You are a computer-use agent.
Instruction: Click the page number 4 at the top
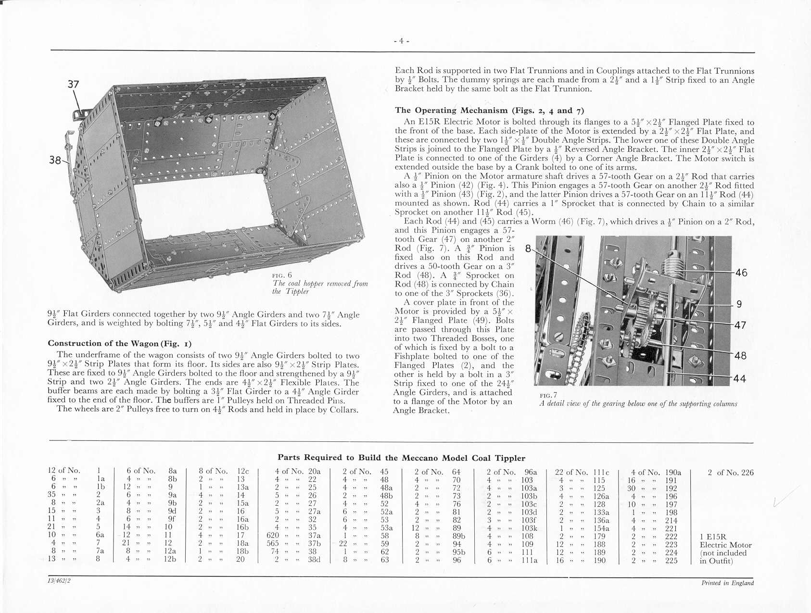tap(401, 41)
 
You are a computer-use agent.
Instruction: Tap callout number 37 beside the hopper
tap(73, 84)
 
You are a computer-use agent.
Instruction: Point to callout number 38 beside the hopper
tap(55, 160)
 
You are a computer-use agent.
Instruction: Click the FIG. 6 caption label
tap(282, 275)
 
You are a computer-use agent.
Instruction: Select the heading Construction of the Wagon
tap(119, 343)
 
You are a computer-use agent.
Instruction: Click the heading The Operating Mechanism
tap(489, 111)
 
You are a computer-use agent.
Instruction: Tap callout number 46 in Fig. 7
tap(741, 273)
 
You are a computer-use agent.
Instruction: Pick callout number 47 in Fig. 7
tap(740, 325)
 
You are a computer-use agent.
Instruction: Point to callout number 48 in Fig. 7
tap(740, 356)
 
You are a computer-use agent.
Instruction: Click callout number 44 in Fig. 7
tap(740, 379)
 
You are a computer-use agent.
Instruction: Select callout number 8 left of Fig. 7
tap(528, 249)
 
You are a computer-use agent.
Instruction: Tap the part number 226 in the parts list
tap(747, 473)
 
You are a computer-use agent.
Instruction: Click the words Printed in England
tap(727, 583)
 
